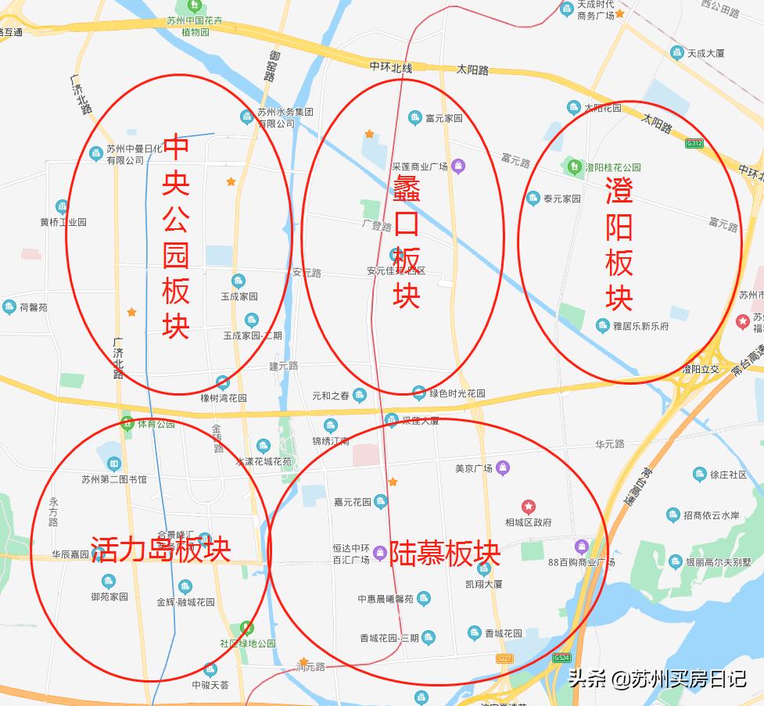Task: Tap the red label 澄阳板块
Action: point(619,243)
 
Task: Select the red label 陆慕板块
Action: point(444,554)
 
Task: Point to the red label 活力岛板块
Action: point(160,549)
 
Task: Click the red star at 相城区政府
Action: point(529,507)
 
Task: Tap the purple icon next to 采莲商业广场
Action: point(458,166)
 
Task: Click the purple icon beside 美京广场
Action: point(503,468)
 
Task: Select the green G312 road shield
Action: point(694,143)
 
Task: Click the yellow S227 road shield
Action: point(504,659)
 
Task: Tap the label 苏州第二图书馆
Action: point(114,478)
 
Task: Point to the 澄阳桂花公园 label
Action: point(612,167)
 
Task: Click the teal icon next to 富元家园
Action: point(414,118)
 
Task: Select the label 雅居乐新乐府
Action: point(642,325)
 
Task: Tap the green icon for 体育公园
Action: point(127,424)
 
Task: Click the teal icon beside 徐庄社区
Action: point(700,474)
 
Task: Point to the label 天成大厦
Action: point(705,53)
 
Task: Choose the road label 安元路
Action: point(307,273)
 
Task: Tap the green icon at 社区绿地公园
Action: point(247,628)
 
